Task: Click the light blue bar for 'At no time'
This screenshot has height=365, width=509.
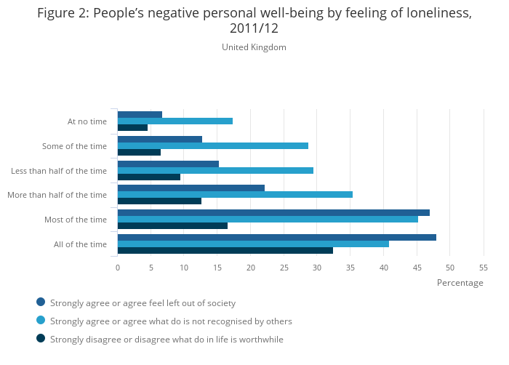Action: tap(175, 121)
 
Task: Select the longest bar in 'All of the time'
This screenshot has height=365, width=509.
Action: tap(276, 237)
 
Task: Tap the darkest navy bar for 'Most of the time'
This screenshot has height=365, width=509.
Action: tap(172, 225)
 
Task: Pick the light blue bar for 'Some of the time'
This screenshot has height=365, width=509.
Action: tap(212, 145)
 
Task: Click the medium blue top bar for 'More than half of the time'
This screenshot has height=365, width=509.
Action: tap(191, 188)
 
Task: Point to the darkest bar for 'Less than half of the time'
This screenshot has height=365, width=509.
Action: tap(148, 177)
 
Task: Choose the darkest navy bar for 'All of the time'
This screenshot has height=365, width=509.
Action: tap(225, 250)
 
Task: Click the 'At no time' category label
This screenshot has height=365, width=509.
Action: tap(87, 121)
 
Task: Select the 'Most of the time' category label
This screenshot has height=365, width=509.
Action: tap(76, 220)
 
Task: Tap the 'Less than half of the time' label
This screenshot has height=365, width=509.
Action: tap(59, 171)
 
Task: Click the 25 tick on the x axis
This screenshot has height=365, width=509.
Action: tap(284, 268)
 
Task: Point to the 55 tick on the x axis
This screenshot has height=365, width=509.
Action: tap(483, 268)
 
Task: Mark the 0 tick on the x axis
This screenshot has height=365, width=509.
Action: tap(118, 268)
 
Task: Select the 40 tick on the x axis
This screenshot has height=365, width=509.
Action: tap(383, 268)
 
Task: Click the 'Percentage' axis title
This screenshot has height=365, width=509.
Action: tap(460, 283)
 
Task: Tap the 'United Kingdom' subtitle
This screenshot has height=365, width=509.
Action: tap(254, 47)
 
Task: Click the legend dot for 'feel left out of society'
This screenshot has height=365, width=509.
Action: tap(41, 302)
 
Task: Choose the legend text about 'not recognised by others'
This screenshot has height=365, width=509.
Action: tap(171, 321)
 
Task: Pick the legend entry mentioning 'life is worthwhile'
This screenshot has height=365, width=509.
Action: tap(167, 339)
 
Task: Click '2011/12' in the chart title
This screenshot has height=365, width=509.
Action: tap(254, 28)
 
